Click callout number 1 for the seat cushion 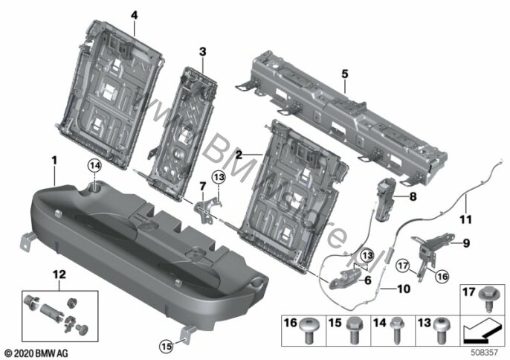[x=54, y=158]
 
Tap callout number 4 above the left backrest [x=135, y=15]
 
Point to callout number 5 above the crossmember [x=345, y=74]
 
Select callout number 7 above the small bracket [x=201, y=184]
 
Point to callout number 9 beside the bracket [x=467, y=242]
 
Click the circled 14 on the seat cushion [x=94, y=164]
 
